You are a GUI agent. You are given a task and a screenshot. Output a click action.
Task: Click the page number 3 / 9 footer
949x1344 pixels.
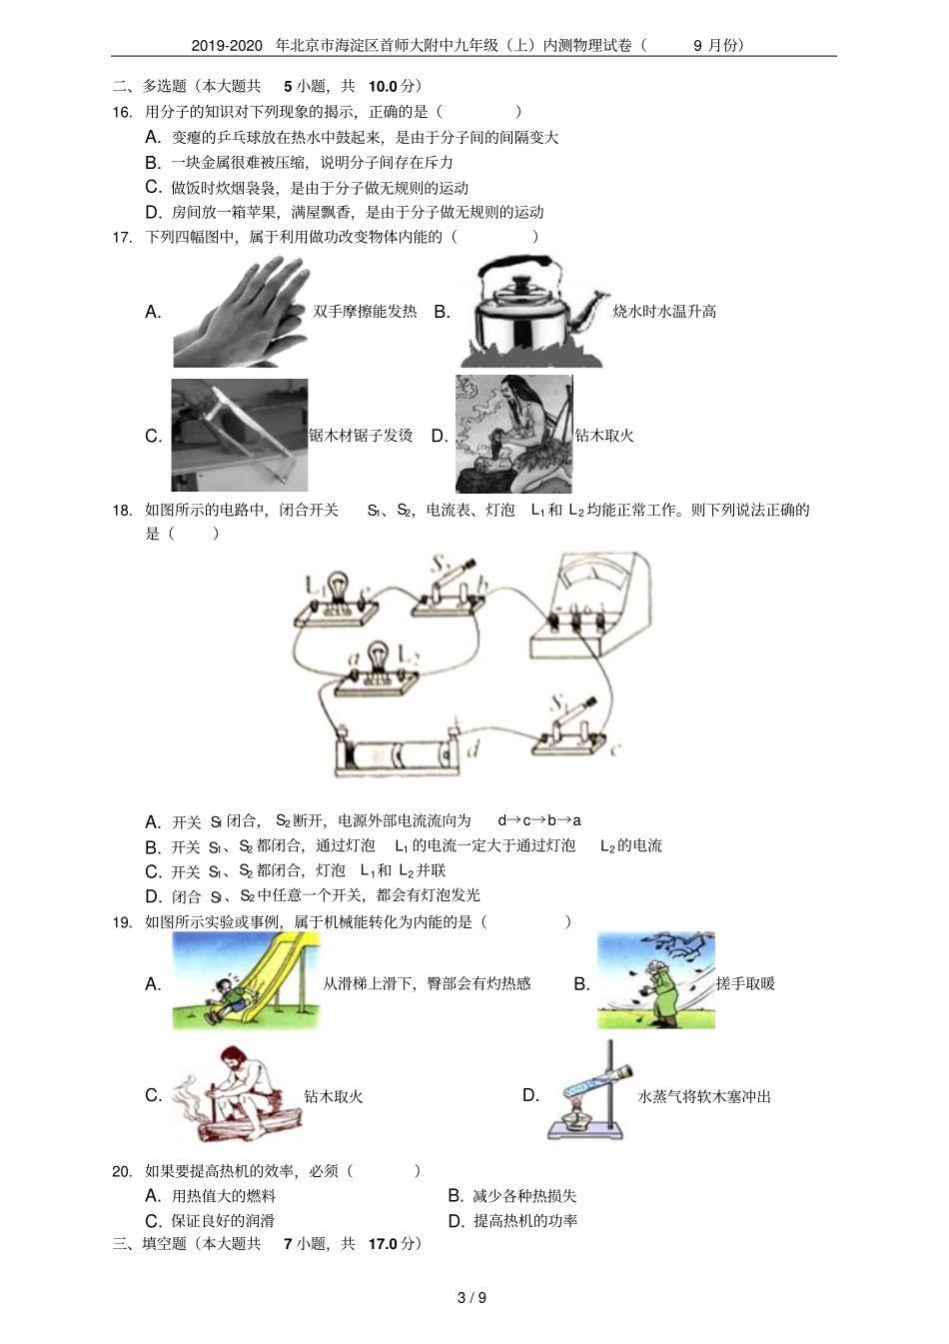[472, 1298]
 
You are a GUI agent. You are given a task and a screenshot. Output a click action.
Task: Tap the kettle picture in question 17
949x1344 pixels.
[532, 312]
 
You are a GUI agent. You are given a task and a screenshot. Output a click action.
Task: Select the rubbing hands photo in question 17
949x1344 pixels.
[240, 312]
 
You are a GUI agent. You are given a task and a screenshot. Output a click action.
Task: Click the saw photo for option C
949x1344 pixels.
[239, 434]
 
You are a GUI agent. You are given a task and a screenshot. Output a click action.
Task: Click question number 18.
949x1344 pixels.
[122, 511]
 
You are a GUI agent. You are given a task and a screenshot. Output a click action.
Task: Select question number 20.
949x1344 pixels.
[122, 1171]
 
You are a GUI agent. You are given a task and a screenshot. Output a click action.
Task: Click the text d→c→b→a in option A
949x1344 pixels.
[539, 820]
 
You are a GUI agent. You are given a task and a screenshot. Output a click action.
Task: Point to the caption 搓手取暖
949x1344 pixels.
[745, 983]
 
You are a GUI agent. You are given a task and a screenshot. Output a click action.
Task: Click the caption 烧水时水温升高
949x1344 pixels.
[664, 312]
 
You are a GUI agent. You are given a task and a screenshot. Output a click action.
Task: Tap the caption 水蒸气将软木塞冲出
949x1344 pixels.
[704, 1096]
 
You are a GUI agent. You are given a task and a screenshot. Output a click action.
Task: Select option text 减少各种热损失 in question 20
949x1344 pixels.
[524, 1196]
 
